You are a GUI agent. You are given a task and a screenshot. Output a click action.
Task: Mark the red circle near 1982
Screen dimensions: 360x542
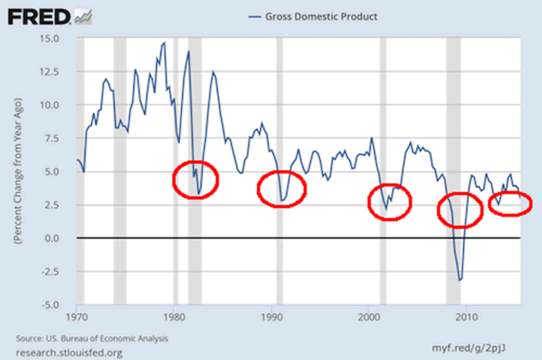click(x=196, y=180)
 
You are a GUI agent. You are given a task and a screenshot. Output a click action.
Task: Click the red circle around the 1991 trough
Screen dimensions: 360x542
click(x=282, y=189)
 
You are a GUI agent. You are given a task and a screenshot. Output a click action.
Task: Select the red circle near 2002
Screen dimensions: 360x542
click(x=390, y=201)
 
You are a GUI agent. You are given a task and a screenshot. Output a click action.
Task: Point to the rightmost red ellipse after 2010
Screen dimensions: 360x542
click(x=509, y=204)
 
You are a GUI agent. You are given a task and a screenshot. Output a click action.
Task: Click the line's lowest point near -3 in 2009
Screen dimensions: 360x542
click(x=459, y=280)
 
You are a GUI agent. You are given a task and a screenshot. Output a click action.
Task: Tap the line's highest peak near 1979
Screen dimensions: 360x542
click(x=164, y=43)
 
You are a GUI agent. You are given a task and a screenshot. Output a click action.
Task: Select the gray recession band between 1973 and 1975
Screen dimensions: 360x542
click(x=119, y=169)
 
